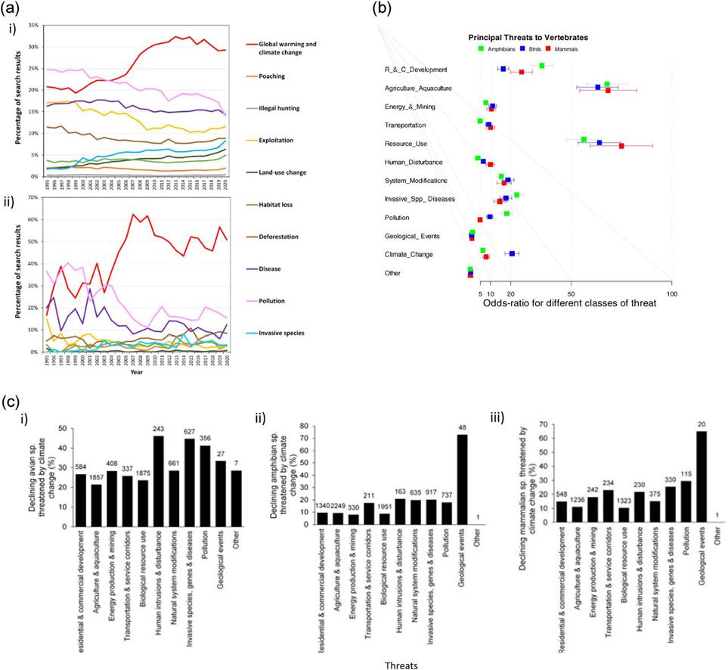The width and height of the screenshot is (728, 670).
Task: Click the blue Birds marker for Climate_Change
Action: [x=512, y=254]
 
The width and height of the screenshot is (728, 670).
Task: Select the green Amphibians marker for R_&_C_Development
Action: [x=542, y=66]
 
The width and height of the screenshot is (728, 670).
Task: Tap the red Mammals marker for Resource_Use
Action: [x=621, y=145]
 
